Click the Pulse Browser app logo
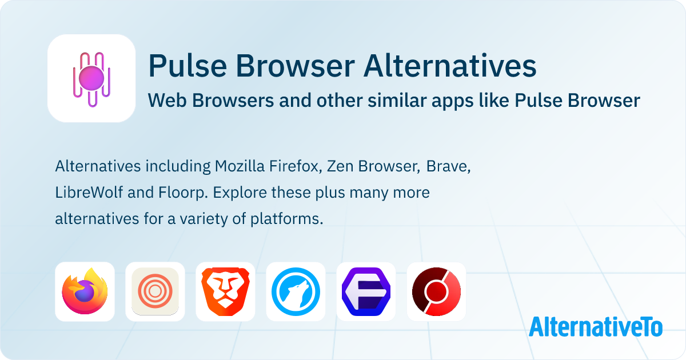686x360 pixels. click(91, 78)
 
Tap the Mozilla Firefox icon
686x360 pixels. click(85, 291)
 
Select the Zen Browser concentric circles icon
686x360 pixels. click(155, 291)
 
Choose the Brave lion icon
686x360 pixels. click(225, 291)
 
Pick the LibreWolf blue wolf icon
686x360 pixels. click(296, 291)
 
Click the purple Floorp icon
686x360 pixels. click(366, 291)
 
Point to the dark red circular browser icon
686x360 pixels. click(436, 291)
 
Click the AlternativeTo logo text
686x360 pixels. click(596, 327)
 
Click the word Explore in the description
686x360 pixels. click(240, 193)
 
